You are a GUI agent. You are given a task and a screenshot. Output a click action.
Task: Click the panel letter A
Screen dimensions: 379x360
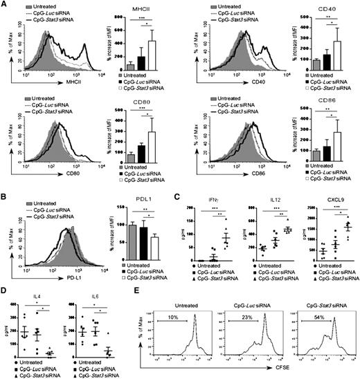click(5, 5)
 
